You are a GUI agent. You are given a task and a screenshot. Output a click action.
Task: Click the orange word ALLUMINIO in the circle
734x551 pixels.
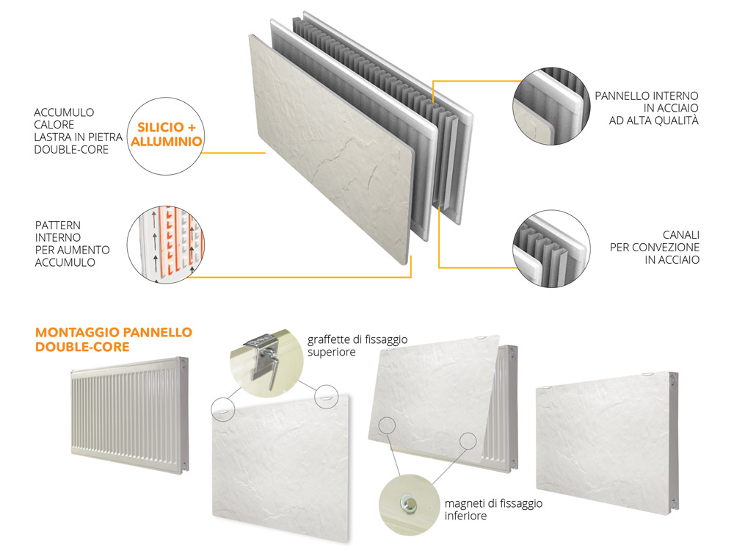(166, 142)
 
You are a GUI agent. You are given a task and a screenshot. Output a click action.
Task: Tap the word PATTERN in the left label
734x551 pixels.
(57, 226)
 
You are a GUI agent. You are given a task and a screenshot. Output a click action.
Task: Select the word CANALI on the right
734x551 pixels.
(681, 235)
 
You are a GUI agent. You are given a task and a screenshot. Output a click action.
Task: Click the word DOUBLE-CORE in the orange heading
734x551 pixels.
(82, 347)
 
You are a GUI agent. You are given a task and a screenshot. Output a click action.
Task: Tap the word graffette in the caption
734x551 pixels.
(328, 339)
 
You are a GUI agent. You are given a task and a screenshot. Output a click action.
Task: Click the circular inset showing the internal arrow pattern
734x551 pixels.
(166, 244)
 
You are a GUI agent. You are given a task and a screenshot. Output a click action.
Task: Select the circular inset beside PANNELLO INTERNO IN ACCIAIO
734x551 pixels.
(551, 106)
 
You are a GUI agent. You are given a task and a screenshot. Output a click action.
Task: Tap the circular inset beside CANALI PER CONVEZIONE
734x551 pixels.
(551, 248)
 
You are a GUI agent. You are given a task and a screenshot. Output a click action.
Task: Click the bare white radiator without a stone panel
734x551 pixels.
(130, 415)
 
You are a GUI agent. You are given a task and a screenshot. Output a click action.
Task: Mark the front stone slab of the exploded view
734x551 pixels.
(332, 149)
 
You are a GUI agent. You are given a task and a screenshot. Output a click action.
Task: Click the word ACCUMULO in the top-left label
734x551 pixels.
(64, 112)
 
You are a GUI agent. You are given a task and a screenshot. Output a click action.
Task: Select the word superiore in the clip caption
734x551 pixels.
(332, 353)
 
